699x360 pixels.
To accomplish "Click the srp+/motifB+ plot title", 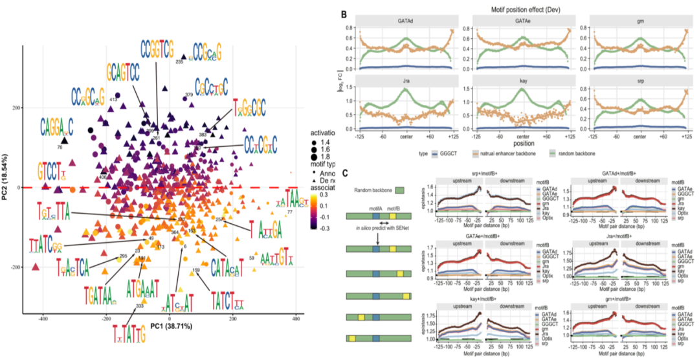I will coord(482,173).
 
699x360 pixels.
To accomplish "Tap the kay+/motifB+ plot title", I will coord(482,295).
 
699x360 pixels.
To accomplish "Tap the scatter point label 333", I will coord(139,306).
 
